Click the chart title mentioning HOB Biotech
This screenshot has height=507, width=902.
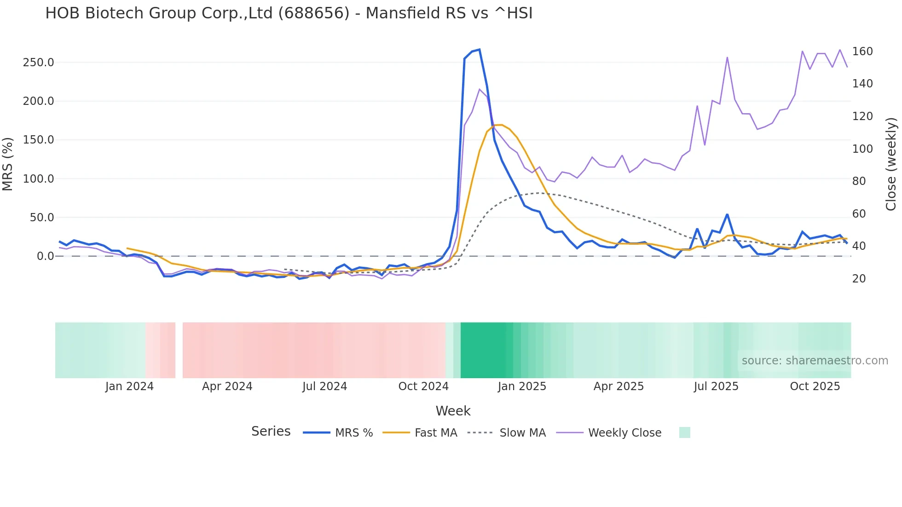coord(289,13)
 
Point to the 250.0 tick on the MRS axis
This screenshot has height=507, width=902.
coord(39,63)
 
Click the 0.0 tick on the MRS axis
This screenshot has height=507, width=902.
coord(46,256)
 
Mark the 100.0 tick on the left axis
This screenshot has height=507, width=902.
coord(39,179)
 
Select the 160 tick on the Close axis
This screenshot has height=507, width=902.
coord(862,52)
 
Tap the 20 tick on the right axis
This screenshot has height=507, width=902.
coord(859,279)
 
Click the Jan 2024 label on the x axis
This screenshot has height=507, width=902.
coord(129,386)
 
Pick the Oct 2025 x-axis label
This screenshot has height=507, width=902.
coord(815,386)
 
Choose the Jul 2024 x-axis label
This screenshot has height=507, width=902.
coord(324,386)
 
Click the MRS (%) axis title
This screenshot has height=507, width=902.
coord(8,164)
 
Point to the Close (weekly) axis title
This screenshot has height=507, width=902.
coord(891,164)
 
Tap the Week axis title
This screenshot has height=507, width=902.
coord(453,411)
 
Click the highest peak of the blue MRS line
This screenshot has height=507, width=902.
coord(480,49)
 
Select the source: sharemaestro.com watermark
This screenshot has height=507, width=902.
coord(815,361)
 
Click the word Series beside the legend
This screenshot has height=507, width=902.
coord(271,432)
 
